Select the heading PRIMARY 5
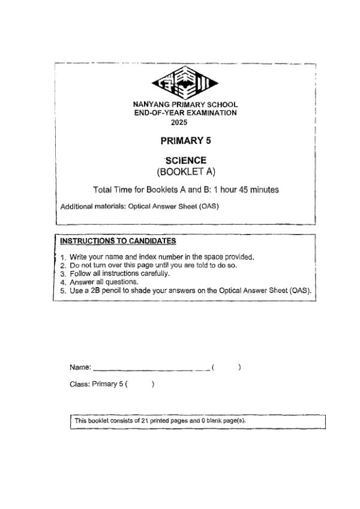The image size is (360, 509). click(x=186, y=141)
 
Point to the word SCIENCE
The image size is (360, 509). click(x=186, y=160)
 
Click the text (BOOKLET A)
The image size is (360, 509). click(x=186, y=172)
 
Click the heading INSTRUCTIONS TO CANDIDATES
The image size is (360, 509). click(x=118, y=241)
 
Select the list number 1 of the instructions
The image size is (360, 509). click(x=63, y=257)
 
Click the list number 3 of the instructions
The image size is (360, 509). click(x=63, y=273)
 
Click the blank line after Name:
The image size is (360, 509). click(x=150, y=368)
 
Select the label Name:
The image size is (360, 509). click(x=80, y=367)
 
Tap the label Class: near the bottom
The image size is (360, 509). click(x=80, y=384)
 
